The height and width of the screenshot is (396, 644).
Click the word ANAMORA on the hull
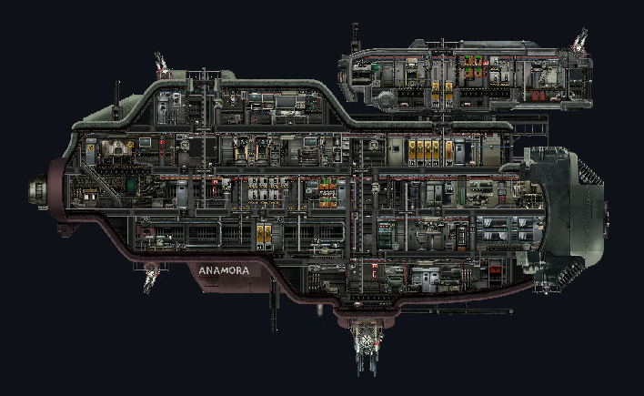pyautogui.click(x=224, y=270)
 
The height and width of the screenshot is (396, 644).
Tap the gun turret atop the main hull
pyautogui.click(x=163, y=66)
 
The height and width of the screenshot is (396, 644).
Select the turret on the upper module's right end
pyautogui.click(x=579, y=40)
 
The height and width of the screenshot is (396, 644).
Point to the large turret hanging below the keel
pyautogui.click(x=367, y=345)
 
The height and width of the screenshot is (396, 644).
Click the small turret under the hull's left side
pyautogui.click(x=150, y=277)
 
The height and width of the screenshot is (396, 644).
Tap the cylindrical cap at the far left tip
pyautogui.click(x=37, y=191)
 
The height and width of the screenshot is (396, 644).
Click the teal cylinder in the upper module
pyautogui.click(x=375, y=68)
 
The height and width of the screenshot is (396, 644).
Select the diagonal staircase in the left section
pyautogui.click(x=101, y=182)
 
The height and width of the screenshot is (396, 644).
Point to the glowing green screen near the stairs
pyautogui.click(x=131, y=185)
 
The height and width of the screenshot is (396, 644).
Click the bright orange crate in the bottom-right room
pyautogui.click(x=496, y=270)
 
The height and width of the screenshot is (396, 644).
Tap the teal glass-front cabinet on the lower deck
pyautogui.click(x=386, y=234)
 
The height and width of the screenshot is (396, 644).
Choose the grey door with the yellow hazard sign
pyautogui.click(x=91, y=152)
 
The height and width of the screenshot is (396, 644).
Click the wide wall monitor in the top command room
pyautogui.click(x=286, y=101)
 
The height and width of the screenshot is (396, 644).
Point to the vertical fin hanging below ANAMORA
pyautogui.click(x=274, y=303)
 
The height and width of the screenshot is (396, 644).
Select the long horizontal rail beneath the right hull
pyautogui.click(x=456, y=311)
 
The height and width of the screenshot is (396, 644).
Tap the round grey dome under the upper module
pyautogui.click(x=386, y=99)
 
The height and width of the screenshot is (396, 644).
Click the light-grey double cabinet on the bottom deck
pyautogui.click(x=426, y=277)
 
